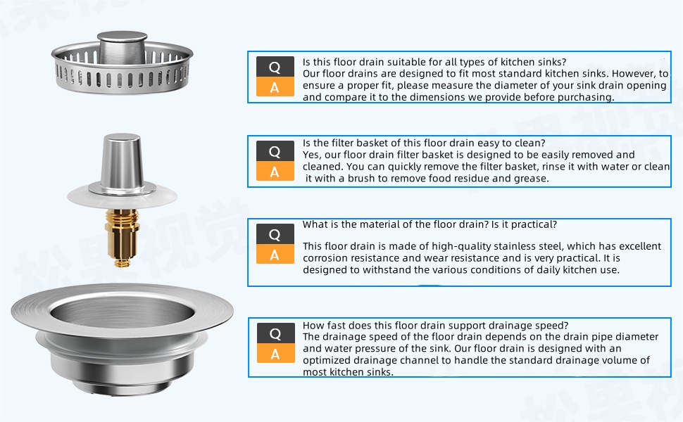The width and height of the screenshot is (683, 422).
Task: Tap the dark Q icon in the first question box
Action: tap(275, 67)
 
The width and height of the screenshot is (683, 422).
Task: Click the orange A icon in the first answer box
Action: tap(275, 88)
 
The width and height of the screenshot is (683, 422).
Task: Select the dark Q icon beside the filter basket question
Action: tap(275, 151)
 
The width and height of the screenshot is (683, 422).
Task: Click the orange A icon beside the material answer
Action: tap(275, 255)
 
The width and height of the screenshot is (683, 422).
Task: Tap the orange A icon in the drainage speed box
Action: tap(275, 354)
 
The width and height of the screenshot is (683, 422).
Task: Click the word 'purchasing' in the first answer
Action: tap(586, 97)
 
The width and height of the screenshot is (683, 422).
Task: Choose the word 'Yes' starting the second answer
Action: tap(311, 155)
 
